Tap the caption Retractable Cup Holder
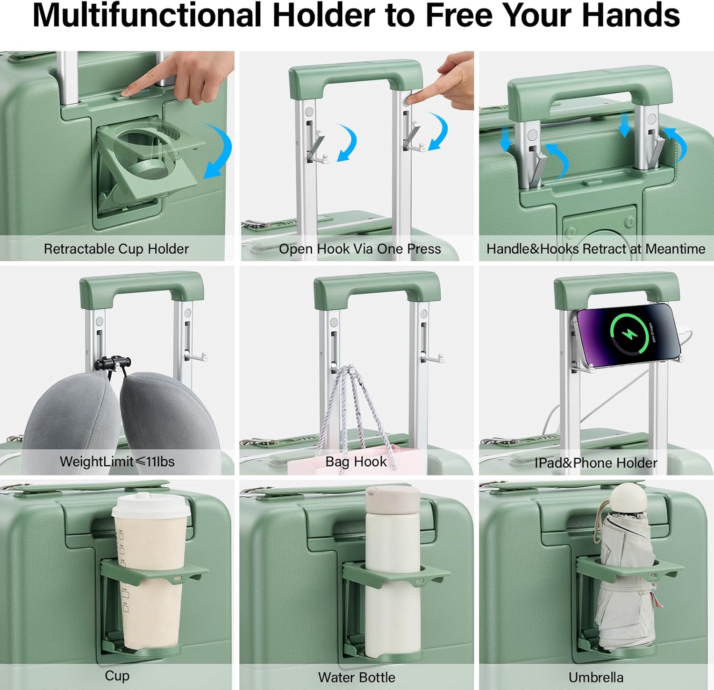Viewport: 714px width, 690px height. click(x=116, y=249)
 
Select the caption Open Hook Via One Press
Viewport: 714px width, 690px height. click(x=360, y=249)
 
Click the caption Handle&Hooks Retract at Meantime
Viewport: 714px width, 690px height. click(x=595, y=249)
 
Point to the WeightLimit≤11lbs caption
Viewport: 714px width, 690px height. click(x=117, y=462)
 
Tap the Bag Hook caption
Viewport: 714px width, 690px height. click(x=356, y=462)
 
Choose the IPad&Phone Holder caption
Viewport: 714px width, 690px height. click(x=595, y=463)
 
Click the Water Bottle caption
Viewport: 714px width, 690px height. click(x=357, y=677)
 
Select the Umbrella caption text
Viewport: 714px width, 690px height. click(x=596, y=677)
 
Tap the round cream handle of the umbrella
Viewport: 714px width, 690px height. click(x=629, y=499)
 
